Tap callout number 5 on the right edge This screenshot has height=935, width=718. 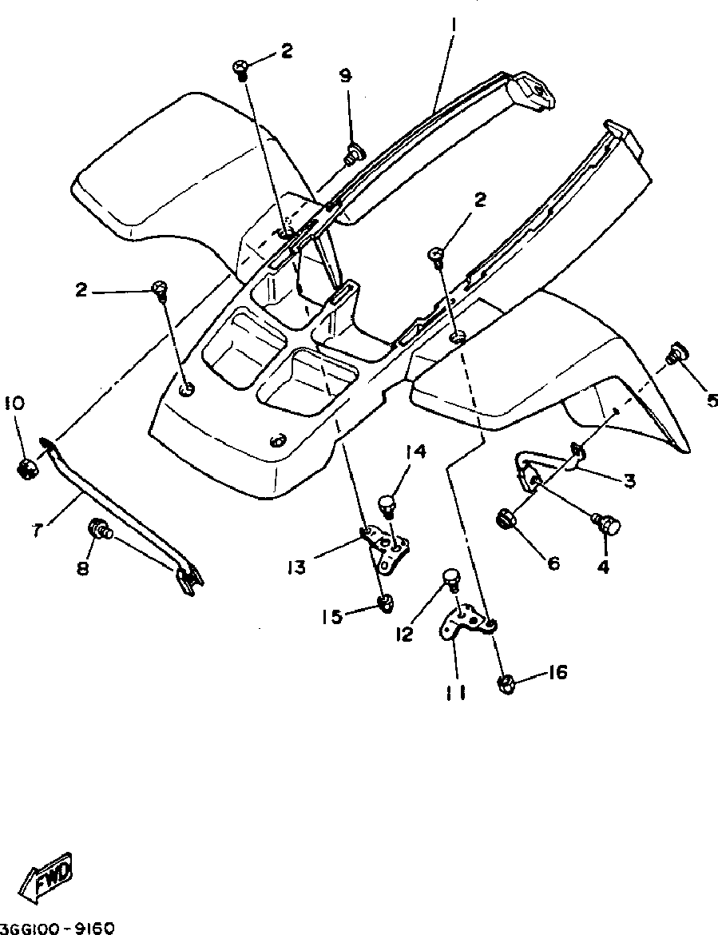click(712, 400)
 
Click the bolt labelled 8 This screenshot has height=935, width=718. click(100, 528)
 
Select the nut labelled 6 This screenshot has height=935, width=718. click(509, 519)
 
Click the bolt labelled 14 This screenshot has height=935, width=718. click(387, 505)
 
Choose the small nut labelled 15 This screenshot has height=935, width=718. click(385, 603)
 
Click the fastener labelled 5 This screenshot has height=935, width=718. click(678, 352)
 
